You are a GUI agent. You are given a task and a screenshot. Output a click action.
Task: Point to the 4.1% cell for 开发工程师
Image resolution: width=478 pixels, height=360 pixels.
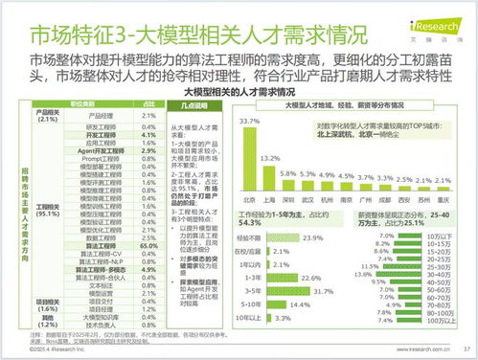tap(148, 136)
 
